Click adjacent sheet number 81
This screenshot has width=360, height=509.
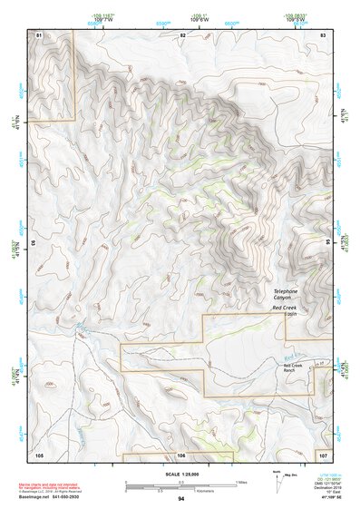(39, 34)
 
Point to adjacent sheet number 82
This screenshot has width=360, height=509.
(182, 34)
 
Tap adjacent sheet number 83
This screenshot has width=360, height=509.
(323, 34)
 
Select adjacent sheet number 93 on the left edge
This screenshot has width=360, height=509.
(34, 243)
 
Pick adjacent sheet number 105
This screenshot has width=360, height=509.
(39, 454)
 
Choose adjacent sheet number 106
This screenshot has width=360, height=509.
(182, 454)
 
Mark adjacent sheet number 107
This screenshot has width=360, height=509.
(323, 454)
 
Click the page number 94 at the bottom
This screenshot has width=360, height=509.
(181, 499)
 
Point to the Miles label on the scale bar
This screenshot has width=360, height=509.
(239, 481)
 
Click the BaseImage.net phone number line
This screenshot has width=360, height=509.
(56, 496)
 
